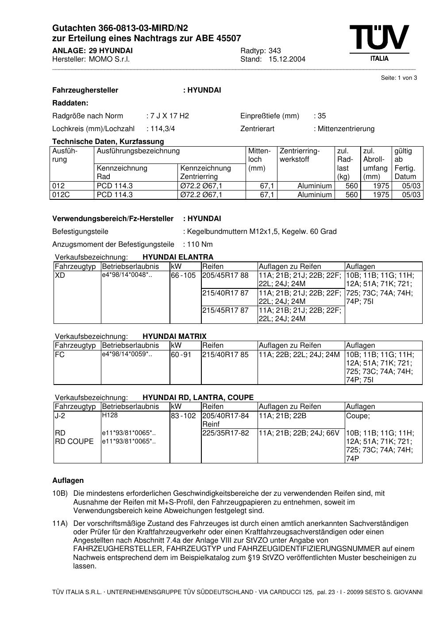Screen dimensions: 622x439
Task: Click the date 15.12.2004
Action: click(287, 59)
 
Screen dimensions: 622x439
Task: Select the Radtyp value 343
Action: click(274, 51)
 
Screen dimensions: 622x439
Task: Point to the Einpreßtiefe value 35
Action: click(321, 116)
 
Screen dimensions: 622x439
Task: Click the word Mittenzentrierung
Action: click(346, 129)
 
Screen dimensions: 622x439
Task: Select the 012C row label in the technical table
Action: click(61, 195)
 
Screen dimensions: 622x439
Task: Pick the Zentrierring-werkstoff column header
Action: click(300, 155)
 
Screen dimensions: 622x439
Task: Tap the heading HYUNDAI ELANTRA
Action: click(178, 257)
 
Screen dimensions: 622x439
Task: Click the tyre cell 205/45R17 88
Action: click(225, 276)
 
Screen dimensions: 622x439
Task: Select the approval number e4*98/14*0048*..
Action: click(127, 275)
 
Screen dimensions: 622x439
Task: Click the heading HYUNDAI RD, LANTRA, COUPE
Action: click(198, 398)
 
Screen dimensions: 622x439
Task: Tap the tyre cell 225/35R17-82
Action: click(226, 433)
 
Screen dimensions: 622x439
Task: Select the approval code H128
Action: click(110, 416)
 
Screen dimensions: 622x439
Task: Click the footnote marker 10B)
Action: click(60, 494)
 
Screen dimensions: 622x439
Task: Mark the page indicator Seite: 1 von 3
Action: click(399, 78)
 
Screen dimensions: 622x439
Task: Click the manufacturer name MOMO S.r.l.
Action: click(109, 59)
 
